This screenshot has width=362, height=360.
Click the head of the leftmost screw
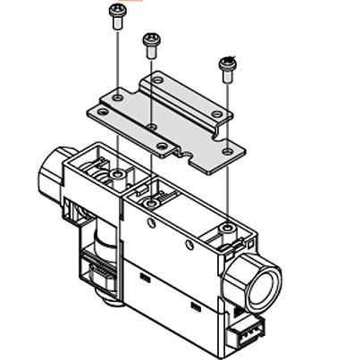[116, 12]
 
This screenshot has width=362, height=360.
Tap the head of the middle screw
[150, 39]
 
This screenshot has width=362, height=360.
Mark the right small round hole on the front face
[189, 243]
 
